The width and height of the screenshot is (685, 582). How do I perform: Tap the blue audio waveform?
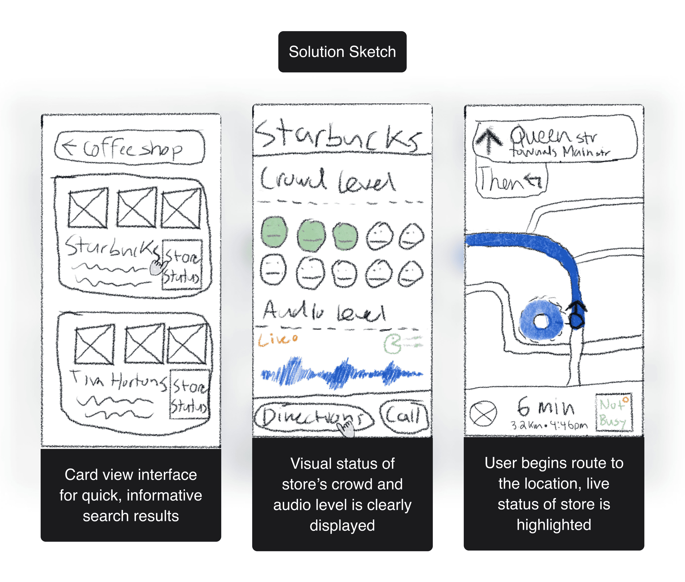tap(342, 373)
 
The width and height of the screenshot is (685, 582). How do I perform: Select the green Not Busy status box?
tap(614, 412)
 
